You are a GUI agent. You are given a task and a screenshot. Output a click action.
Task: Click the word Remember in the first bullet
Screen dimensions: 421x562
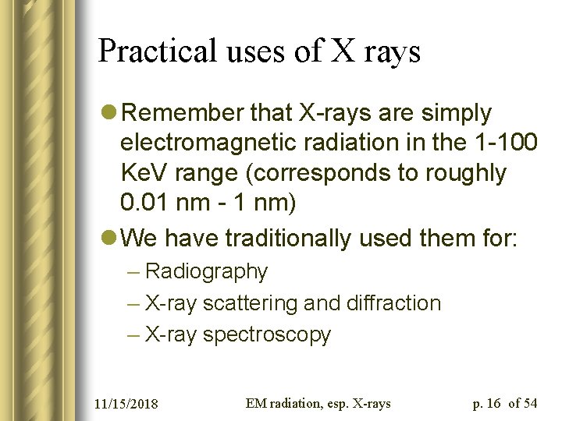pyautogui.click(x=182, y=113)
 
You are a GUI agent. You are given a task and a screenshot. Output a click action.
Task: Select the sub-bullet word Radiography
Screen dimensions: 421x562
pyautogui.click(x=206, y=271)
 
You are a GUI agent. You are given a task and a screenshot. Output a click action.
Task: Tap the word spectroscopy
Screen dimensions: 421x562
pyautogui.click(x=266, y=335)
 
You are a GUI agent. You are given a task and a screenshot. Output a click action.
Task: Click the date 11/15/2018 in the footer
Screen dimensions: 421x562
pyautogui.click(x=126, y=403)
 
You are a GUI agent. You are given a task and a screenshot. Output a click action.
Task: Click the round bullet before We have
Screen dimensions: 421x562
pyautogui.click(x=109, y=237)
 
